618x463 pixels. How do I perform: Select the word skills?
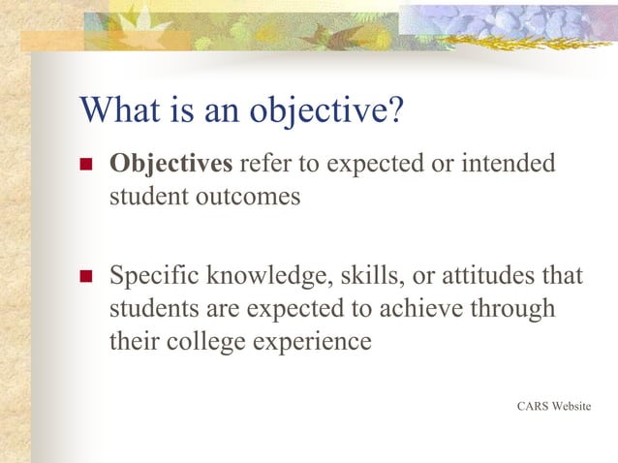coord(374,277)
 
